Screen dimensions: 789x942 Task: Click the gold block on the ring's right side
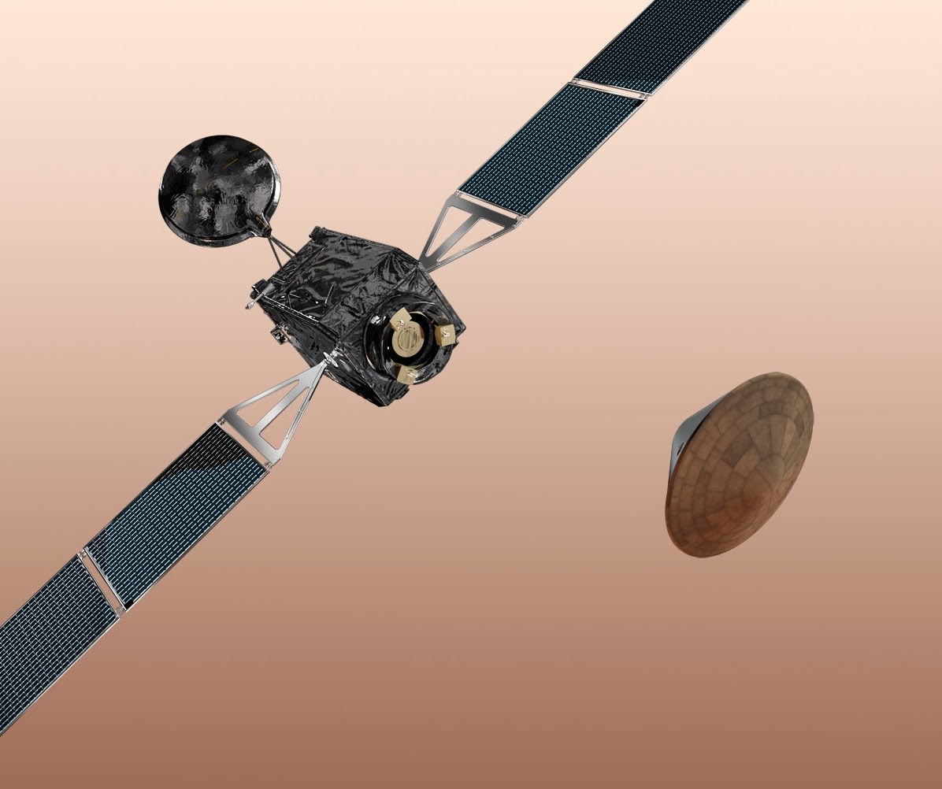pyautogui.click(x=446, y=334)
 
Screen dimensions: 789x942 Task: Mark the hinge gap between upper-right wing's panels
pyautogui.click(x=610, y=89)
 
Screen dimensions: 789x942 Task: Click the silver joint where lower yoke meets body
pyautogui.click(x=332, y=361)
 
